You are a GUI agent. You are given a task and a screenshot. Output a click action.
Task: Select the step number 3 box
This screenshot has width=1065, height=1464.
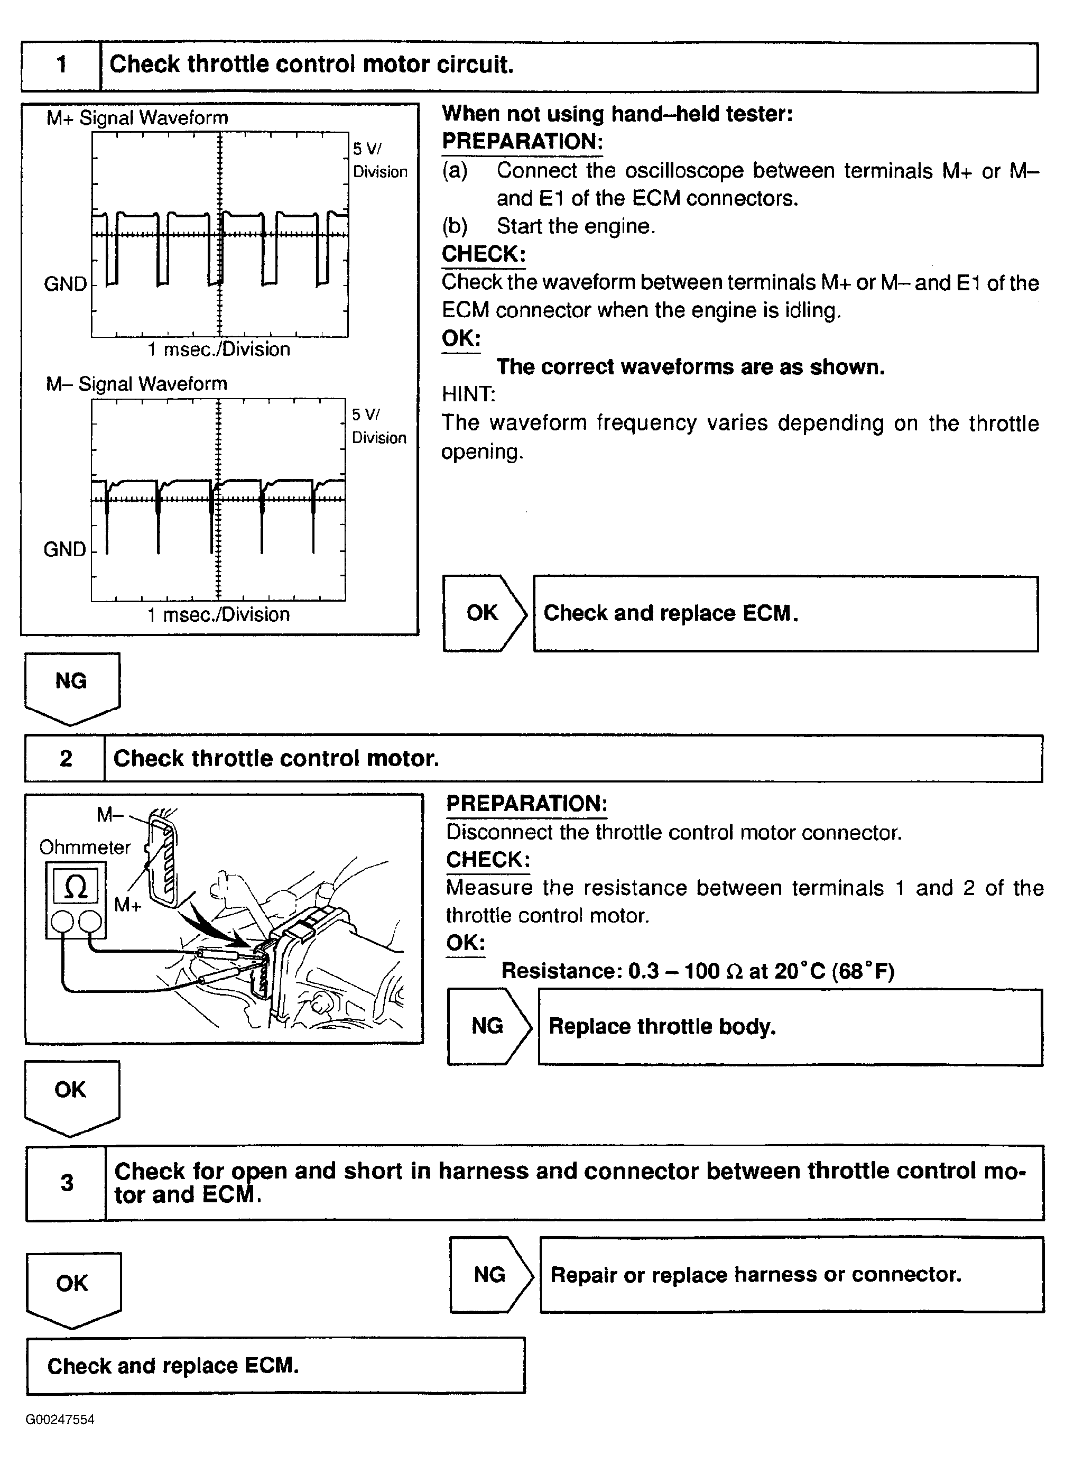click(x=67, y=1183)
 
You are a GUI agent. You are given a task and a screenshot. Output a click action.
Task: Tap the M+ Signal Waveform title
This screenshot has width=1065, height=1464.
click(x=137, y=117)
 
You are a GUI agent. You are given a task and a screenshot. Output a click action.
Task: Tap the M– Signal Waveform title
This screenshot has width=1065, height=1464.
click(x=136, y=384)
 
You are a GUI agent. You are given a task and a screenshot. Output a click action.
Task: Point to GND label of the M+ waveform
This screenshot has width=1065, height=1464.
click(x=65, y=284)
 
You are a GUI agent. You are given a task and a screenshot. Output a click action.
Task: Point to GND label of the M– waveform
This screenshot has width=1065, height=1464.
click(x=64, y=549)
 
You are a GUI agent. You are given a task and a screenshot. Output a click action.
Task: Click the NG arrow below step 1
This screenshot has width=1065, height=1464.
click(x=72, y=686)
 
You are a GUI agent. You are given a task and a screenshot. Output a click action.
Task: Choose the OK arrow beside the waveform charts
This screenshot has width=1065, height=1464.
click(x=484, y=613)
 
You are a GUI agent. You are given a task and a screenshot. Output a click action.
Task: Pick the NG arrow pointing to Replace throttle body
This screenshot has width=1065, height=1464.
click(x=488, y=1026)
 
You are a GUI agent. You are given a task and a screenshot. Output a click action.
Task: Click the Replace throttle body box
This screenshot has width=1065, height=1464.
click(x=790, y=1026)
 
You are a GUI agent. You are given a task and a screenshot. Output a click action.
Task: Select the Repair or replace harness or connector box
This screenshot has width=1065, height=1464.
click(x=791, y=1274)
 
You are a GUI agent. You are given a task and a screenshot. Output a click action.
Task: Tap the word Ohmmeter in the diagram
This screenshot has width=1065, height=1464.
click(x=85, y=847)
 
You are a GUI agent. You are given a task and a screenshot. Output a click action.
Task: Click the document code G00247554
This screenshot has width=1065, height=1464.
click(x=60, y=1420)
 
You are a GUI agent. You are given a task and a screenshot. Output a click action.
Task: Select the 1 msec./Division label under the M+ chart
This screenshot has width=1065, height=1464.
click(x=219, y=349)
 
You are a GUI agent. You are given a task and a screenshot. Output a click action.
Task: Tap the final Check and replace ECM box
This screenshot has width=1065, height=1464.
click(x=275, y=1365)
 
